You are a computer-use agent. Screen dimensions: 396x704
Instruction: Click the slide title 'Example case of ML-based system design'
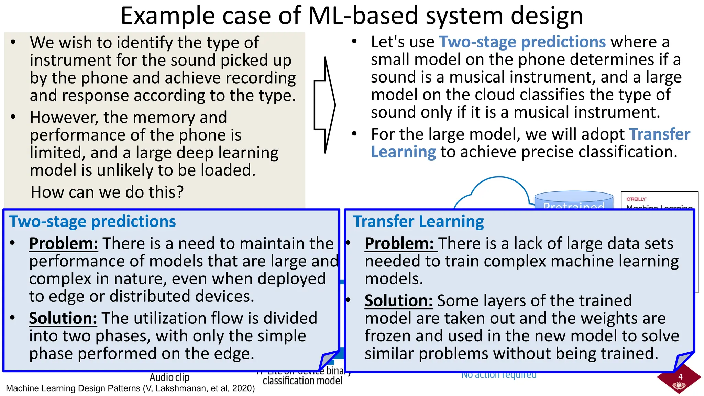(352, 16)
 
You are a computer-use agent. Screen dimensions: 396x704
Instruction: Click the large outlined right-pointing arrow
(324, 105)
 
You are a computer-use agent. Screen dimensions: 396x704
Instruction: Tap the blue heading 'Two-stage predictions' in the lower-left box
(92, 221)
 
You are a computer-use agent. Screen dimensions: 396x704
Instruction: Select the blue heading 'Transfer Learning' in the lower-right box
(418, 221)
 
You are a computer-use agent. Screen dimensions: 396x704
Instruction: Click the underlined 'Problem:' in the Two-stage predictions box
(64, 244)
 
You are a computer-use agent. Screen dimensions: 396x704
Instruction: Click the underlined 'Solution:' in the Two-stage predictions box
(63, 318)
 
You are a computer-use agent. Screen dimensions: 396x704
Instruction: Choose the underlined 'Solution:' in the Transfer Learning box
(398, 301)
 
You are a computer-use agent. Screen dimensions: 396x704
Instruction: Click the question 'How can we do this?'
(107, 192)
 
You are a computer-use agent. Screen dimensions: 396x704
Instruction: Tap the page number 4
(680, 377)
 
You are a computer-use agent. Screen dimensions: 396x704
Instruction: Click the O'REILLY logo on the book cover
(636, 199)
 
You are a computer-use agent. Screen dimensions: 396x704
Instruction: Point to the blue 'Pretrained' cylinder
(574, 201)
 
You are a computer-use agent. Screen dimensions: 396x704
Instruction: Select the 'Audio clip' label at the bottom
(169, 377)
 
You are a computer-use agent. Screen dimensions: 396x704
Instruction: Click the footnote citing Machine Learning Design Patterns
(130, 388)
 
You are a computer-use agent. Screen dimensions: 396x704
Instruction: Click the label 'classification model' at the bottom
(302, 381)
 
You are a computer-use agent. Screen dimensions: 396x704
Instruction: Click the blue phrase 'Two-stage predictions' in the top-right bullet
(522, 42)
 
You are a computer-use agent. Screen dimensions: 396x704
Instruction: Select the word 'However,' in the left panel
(64, 118)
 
